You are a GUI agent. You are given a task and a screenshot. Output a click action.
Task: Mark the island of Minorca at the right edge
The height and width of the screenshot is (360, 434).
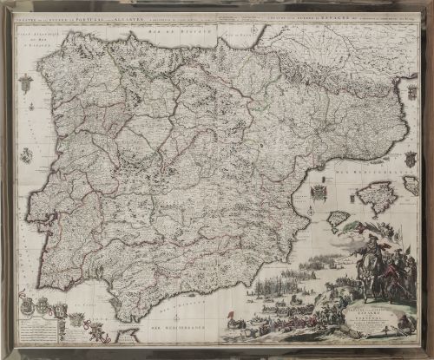click(x=410, y=183)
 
